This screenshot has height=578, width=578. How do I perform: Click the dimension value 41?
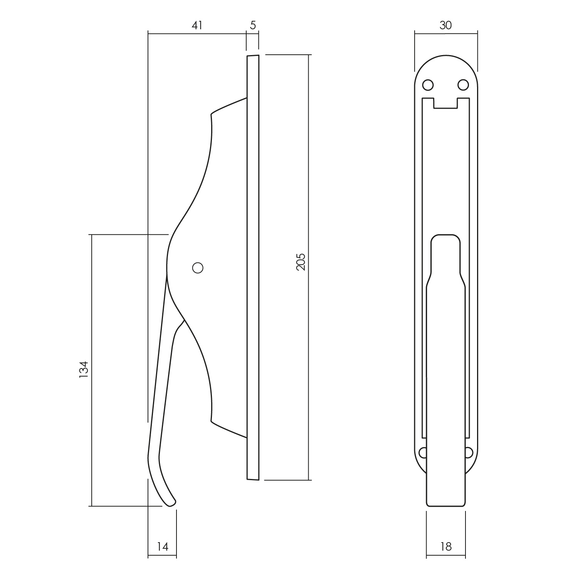(x=197, y=25)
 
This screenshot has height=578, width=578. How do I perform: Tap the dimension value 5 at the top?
(x=253, y=25)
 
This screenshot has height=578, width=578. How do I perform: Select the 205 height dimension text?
(x=301, y=262)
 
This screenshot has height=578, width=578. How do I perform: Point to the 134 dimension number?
(x=84, y=369)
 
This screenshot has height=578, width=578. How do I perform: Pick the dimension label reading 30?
(x=445, y=25)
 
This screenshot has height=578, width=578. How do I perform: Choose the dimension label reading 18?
(x=445, y=546)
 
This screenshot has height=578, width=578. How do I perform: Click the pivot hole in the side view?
(x=198, y=268)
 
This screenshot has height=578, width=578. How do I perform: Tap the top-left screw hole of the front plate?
(x=428, y=84)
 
